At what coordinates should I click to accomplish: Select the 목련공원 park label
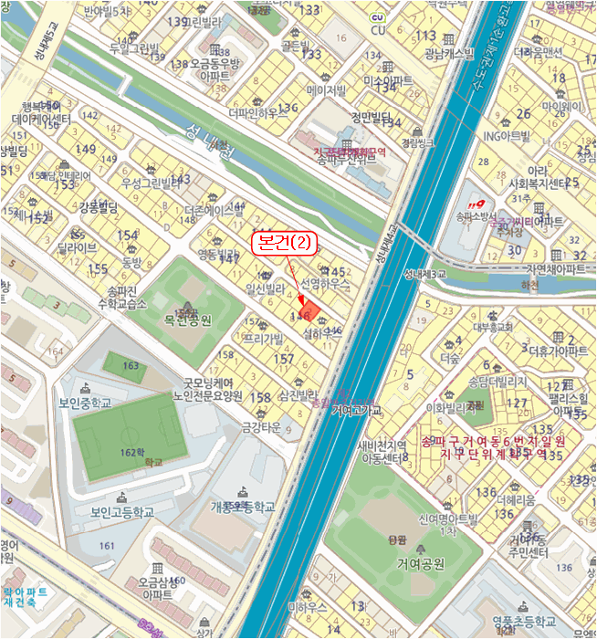187,320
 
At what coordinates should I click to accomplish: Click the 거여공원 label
419,563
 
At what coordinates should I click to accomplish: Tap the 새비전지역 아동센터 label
382,451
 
